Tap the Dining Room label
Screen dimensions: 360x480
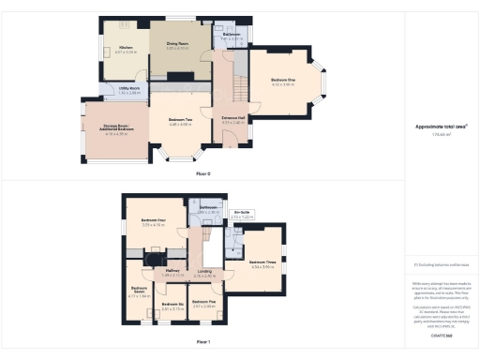click(177, 43)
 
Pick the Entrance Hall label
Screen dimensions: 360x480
click(232, 119)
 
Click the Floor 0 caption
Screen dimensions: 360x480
click(203, 173)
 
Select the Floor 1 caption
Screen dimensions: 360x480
click(203, 342)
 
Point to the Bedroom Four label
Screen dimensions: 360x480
click(153, 220)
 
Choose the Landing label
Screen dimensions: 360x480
click(204, 273)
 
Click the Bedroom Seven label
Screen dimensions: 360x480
click(138, 289)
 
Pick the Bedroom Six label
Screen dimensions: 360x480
click(171, 304)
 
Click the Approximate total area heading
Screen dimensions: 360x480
click(440, 127)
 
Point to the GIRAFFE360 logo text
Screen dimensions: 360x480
click(442, 334)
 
